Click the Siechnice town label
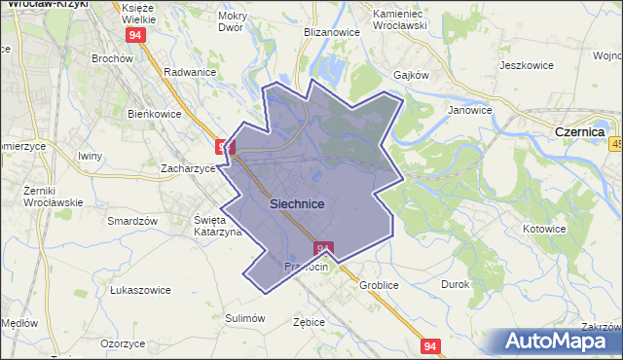point(304,203)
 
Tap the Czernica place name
point(579,130)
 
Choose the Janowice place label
point(469,110)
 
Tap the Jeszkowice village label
point(526,65)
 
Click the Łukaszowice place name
point(140,290)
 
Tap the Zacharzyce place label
point(187,168)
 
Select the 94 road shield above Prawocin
point(324,248)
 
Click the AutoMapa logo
point(561,341)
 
